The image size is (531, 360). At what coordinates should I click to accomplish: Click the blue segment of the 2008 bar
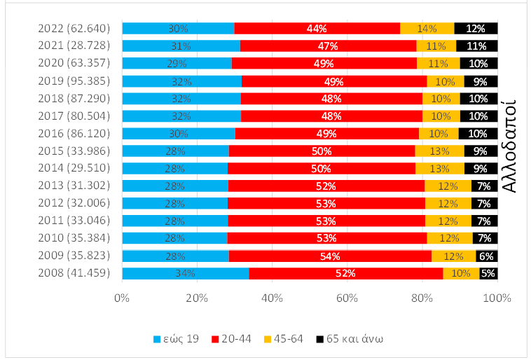point(185,274)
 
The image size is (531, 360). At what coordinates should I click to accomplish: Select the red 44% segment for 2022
point(317,29)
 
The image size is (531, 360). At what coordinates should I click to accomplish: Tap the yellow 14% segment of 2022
point(427,29)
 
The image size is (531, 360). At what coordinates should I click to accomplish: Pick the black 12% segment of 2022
point(476,29)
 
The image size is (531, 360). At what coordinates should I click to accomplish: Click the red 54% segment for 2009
point(330,256)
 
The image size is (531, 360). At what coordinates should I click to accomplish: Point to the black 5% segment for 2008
point(488,274)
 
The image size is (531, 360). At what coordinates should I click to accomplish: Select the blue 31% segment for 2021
point(181,46)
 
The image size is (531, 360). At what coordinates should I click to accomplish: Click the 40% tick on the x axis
point(272,299)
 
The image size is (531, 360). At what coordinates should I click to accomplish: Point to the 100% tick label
point(497,299)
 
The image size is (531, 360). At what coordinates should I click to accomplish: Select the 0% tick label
point(122,299)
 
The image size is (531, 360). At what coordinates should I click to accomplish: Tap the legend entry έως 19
point(175,339)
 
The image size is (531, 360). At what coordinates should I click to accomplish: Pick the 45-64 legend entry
point(288,339)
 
